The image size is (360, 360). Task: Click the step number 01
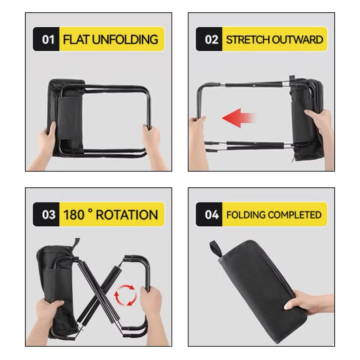(48, 39)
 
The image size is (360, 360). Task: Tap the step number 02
(211, 39)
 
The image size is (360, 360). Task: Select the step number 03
(49, 215)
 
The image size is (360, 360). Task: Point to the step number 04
(212, 215)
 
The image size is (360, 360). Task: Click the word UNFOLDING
(125, 39)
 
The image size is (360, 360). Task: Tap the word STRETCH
(247, 39)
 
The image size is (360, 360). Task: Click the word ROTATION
(127, 215)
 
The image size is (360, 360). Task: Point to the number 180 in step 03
(73, 215)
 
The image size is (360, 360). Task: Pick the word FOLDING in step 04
(246, 215)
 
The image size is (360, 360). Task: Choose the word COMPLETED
(295, 215)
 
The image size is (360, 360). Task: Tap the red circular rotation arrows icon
(126, 295)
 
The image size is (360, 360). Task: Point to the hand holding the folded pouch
(309, 303)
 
